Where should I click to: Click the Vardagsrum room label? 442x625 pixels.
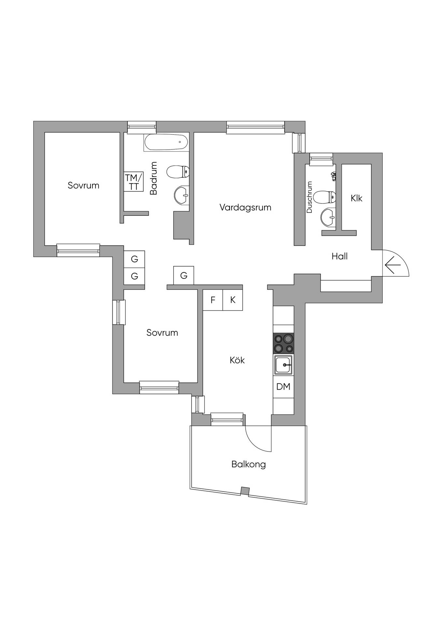tap(245, 207)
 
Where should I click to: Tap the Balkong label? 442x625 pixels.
tap(249, 464)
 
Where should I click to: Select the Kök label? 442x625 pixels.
tap(237, 360)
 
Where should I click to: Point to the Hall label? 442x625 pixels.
tap(339, 257)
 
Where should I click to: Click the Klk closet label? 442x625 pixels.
tap(356, 198)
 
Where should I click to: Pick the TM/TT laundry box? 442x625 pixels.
tap(134, 182)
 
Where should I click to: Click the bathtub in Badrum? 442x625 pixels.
tap(166, 142)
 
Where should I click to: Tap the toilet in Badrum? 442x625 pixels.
tap(178, 172)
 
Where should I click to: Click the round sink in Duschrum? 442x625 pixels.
tap(328, 217)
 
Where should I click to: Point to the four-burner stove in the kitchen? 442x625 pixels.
tap(283, 343)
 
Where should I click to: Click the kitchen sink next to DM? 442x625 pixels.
tap(283, 365)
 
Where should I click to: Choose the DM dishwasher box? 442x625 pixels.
tap(283, 387)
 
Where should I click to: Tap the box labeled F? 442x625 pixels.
tap(213, 300)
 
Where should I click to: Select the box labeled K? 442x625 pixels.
tap(233, 300)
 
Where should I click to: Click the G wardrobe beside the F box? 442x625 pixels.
tap(183, 276)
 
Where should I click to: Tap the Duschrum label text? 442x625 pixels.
tap(309, 197)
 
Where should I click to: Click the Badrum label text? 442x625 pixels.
tap(153, 178)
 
